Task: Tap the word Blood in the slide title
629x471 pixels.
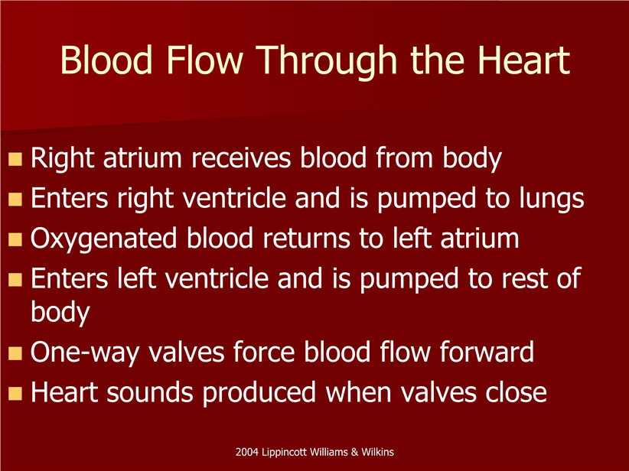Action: pyautogui.click(x=106, y=60)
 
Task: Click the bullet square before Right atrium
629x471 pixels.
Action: pyautogui.click(x=15, y=159)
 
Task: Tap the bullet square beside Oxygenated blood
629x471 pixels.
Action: pyautogui.click(x=15, y=239)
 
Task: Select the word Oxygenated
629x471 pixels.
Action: pyautogui.click(x=103, y=239)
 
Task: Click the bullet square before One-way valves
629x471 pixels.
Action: pyautogui.click(x=15, y=353)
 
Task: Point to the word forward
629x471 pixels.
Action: pyautogui.click(x=487, y=352)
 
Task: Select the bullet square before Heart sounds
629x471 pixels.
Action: pyautogui.click(x=15, y=393)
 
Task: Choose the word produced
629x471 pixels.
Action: pyautogui.click(x=259, y=393)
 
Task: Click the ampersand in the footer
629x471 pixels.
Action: pyautogui.click(x=354, y=453)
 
